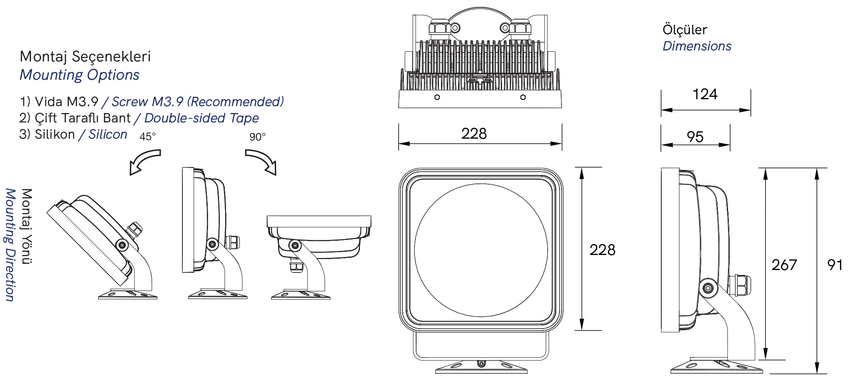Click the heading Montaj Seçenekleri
85,57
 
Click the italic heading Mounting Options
79,75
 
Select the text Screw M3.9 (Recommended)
197,102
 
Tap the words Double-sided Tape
202,118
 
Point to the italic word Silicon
108,134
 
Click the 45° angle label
147,137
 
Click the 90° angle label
257,137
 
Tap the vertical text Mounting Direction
10,245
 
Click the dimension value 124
705,94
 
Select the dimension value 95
695,137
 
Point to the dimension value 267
784,265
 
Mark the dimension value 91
834,265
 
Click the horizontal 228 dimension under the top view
474,133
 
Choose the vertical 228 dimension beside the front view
602,250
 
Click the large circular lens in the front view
481,250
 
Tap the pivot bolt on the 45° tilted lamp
122,245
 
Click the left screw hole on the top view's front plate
437,97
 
